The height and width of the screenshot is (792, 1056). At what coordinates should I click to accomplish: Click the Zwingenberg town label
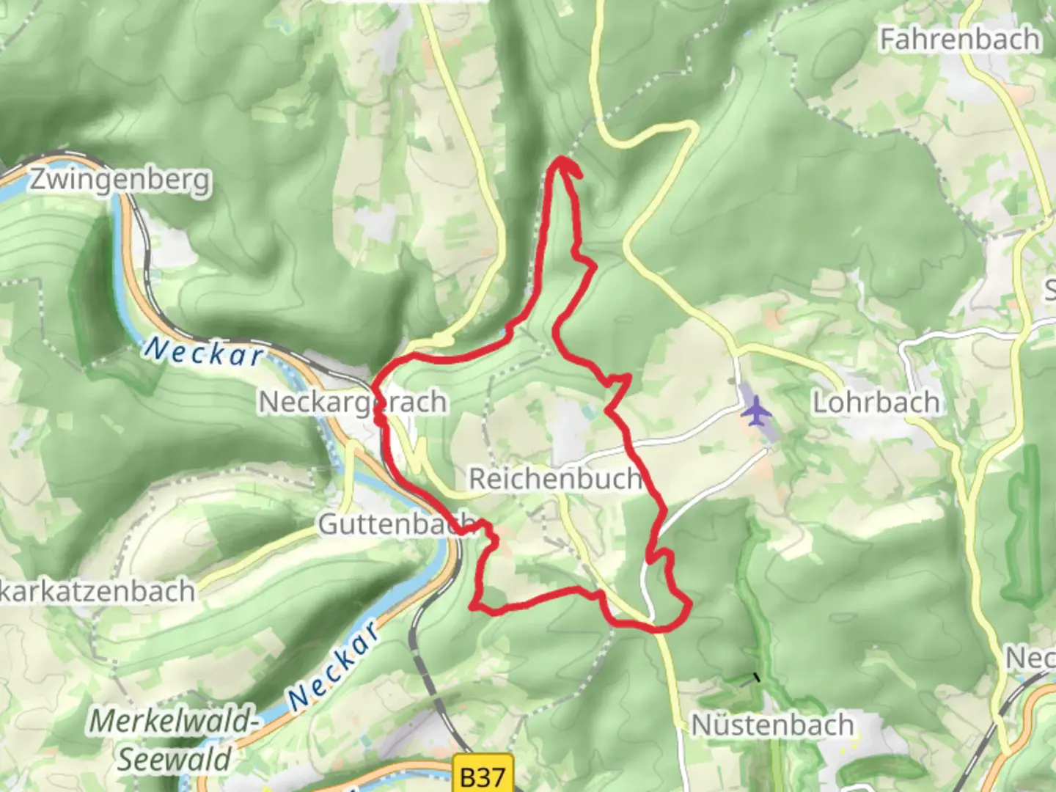[x=120, y=180]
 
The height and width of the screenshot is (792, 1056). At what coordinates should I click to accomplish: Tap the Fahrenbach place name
[x=959, y=39]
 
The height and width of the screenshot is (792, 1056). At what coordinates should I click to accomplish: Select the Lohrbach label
[x=876, y=402]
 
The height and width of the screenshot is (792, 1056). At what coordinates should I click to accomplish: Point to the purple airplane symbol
[x=756, y=412]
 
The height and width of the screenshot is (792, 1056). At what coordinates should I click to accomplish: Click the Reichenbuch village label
[x=555, y=479]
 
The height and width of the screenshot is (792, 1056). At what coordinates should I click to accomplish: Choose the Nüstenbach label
[x=773, y=725]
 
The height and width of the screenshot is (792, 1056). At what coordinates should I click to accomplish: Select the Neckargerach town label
[x=353, y=402]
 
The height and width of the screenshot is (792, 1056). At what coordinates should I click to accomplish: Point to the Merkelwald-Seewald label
[x=175, y=739]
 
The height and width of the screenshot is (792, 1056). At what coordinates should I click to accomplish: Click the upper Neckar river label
[x=204, y=353]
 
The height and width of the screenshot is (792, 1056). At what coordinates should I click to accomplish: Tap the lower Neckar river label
[x=334, y=666]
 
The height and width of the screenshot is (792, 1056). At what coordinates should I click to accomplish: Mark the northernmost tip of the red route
[x=562, y=158]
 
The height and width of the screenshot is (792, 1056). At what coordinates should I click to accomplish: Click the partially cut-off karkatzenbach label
[x=97, y=591]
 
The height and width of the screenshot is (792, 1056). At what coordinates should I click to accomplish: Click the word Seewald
[x=175, y=759]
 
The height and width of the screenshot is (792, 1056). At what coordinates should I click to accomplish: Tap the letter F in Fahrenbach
[x=888, y=39]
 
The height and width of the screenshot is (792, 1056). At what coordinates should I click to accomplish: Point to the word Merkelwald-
[x=175, y=721]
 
